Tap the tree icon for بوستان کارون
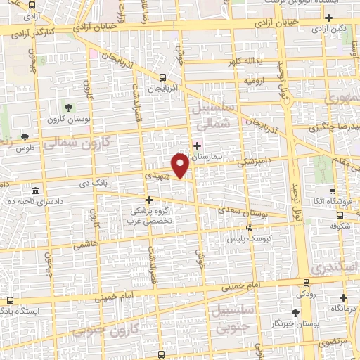click(x=69, y=108)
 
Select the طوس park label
click(x=25, y=148)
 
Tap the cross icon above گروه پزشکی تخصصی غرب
click(x=148, y=199)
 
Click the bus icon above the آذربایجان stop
click(x=163, y=78)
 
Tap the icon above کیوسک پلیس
click(x=249, y=228)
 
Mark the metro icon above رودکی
click(x=305, y=279)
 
